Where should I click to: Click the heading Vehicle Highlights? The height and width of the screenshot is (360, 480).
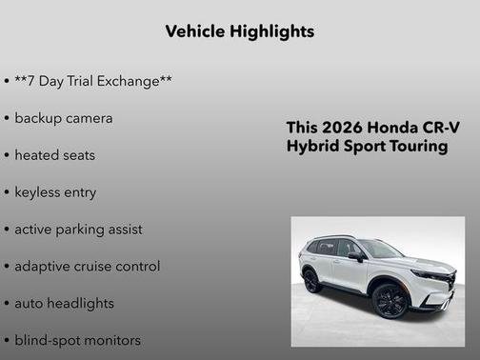click(x=239, y=31)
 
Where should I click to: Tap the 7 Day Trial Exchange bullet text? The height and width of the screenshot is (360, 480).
click(x=93, y=81)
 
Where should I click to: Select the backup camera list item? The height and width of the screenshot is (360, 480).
click(x=64, y=118)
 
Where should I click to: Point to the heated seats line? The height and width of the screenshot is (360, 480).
click(x=55, y=154)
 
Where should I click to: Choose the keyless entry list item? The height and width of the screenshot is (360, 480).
click(x=55, y=192)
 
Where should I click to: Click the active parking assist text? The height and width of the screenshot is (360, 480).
click(x=78, y=230)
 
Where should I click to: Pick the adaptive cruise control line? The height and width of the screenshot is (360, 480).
click(x=87, y=267)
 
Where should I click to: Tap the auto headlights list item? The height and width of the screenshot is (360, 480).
click(x=64, y=303)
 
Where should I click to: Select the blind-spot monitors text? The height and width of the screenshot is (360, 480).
click(x=77, y=340)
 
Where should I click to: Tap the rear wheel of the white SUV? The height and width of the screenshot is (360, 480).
click(x=311, y=281)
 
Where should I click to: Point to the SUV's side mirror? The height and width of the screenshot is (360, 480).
click(x=355, y=255)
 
